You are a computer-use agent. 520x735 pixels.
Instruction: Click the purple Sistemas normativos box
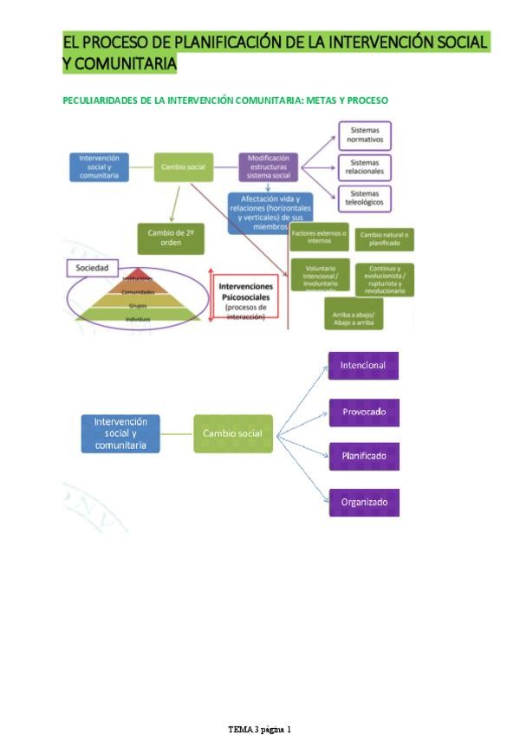pos(364,136)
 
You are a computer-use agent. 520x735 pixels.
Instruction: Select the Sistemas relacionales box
pos(364,167)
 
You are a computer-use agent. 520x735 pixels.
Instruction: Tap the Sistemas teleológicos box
pos(364,198)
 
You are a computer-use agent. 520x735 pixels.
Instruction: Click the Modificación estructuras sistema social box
pos(269,167)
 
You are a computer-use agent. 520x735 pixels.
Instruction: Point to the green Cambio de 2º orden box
pos(171,238)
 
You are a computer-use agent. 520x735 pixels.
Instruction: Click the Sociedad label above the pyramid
pos(91,269)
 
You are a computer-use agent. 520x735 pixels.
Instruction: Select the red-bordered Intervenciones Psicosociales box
pos(245,296)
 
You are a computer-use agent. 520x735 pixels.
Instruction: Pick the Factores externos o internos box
pos(319,237)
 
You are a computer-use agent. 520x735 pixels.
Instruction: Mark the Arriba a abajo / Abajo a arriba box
pos(353,314)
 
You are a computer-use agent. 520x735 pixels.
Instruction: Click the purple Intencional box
pos(363,366)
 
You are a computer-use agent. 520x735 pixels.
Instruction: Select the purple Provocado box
pos(363,413)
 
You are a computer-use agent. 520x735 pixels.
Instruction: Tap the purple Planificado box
pos(363,456)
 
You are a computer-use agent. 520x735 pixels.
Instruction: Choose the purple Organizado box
pos(363,502)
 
